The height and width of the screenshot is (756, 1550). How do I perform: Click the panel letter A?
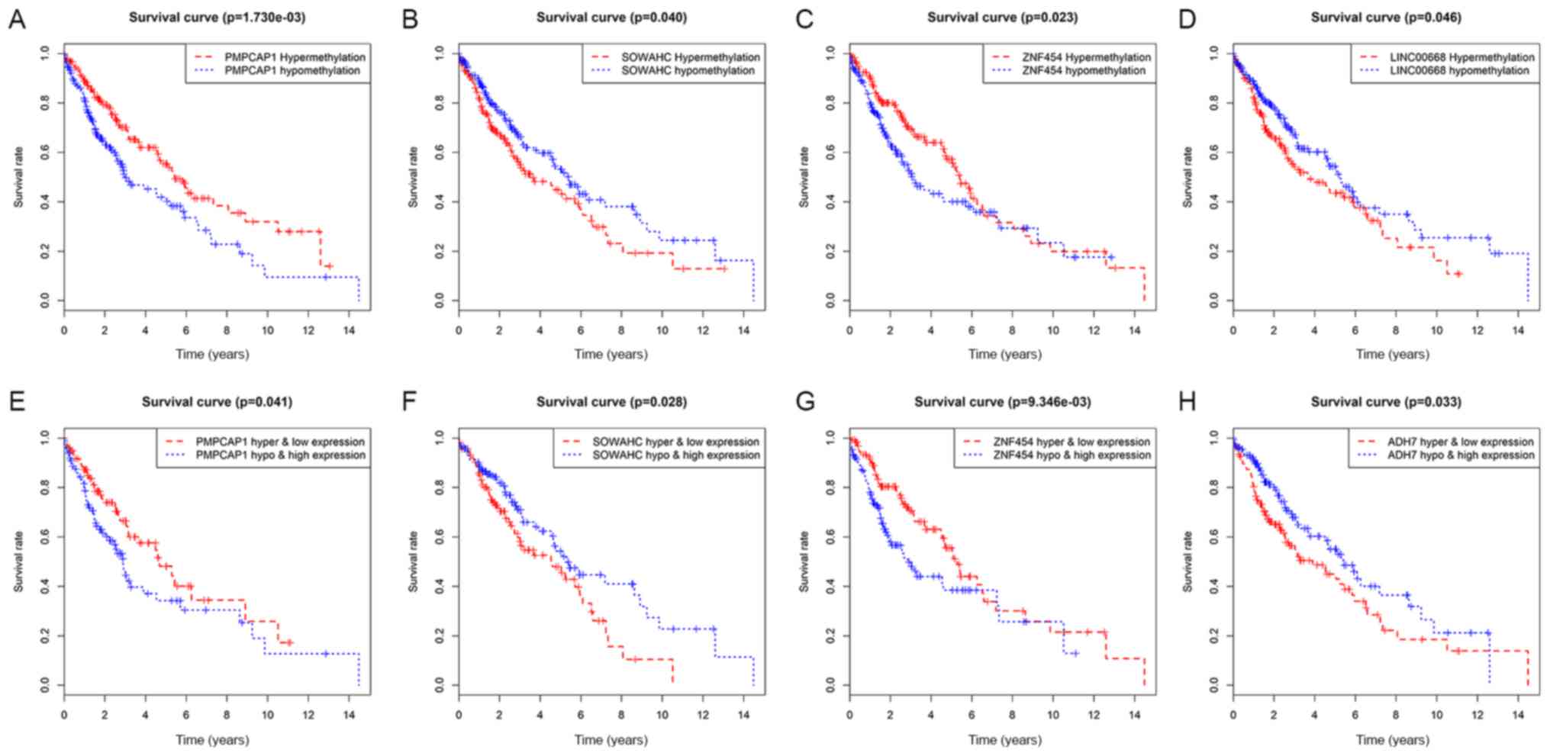coord(16,19)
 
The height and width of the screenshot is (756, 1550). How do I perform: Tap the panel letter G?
coord(805,401)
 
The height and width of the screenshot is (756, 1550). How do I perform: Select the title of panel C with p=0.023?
coord(1002,17)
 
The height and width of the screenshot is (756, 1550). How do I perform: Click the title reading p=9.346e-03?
coord(1002,401)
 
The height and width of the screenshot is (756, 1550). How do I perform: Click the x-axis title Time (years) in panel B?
coord(611,354)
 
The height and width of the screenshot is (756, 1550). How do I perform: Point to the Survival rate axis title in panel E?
coord(18,561)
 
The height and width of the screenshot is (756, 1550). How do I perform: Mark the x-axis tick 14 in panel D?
coord(1518,330)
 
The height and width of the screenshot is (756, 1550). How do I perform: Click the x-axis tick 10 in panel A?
coord(267,330)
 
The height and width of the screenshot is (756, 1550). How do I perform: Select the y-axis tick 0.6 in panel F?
coord(440,537)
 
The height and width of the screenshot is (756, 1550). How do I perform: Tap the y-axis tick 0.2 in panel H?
coord(1214,636)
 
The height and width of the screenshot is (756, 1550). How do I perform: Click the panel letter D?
coord(1187,19)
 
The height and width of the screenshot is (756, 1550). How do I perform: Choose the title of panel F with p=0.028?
coord(611,401)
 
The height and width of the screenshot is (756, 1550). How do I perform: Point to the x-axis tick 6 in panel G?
coord(972,715)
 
